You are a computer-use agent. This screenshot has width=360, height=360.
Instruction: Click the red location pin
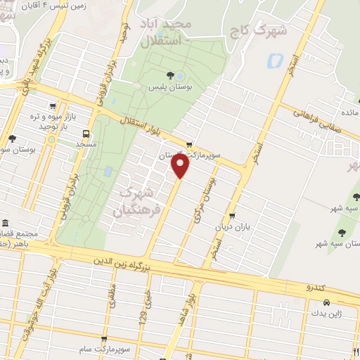click(181, 166)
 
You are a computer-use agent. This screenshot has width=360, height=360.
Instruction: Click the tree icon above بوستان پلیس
click(169, 75)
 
